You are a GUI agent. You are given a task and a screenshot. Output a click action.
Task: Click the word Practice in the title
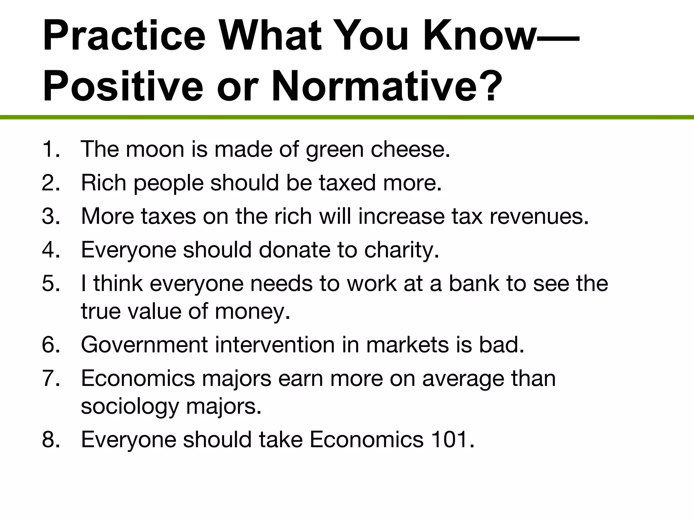coord(124,36)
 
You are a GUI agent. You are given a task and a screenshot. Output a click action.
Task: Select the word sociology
coord(129,406)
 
